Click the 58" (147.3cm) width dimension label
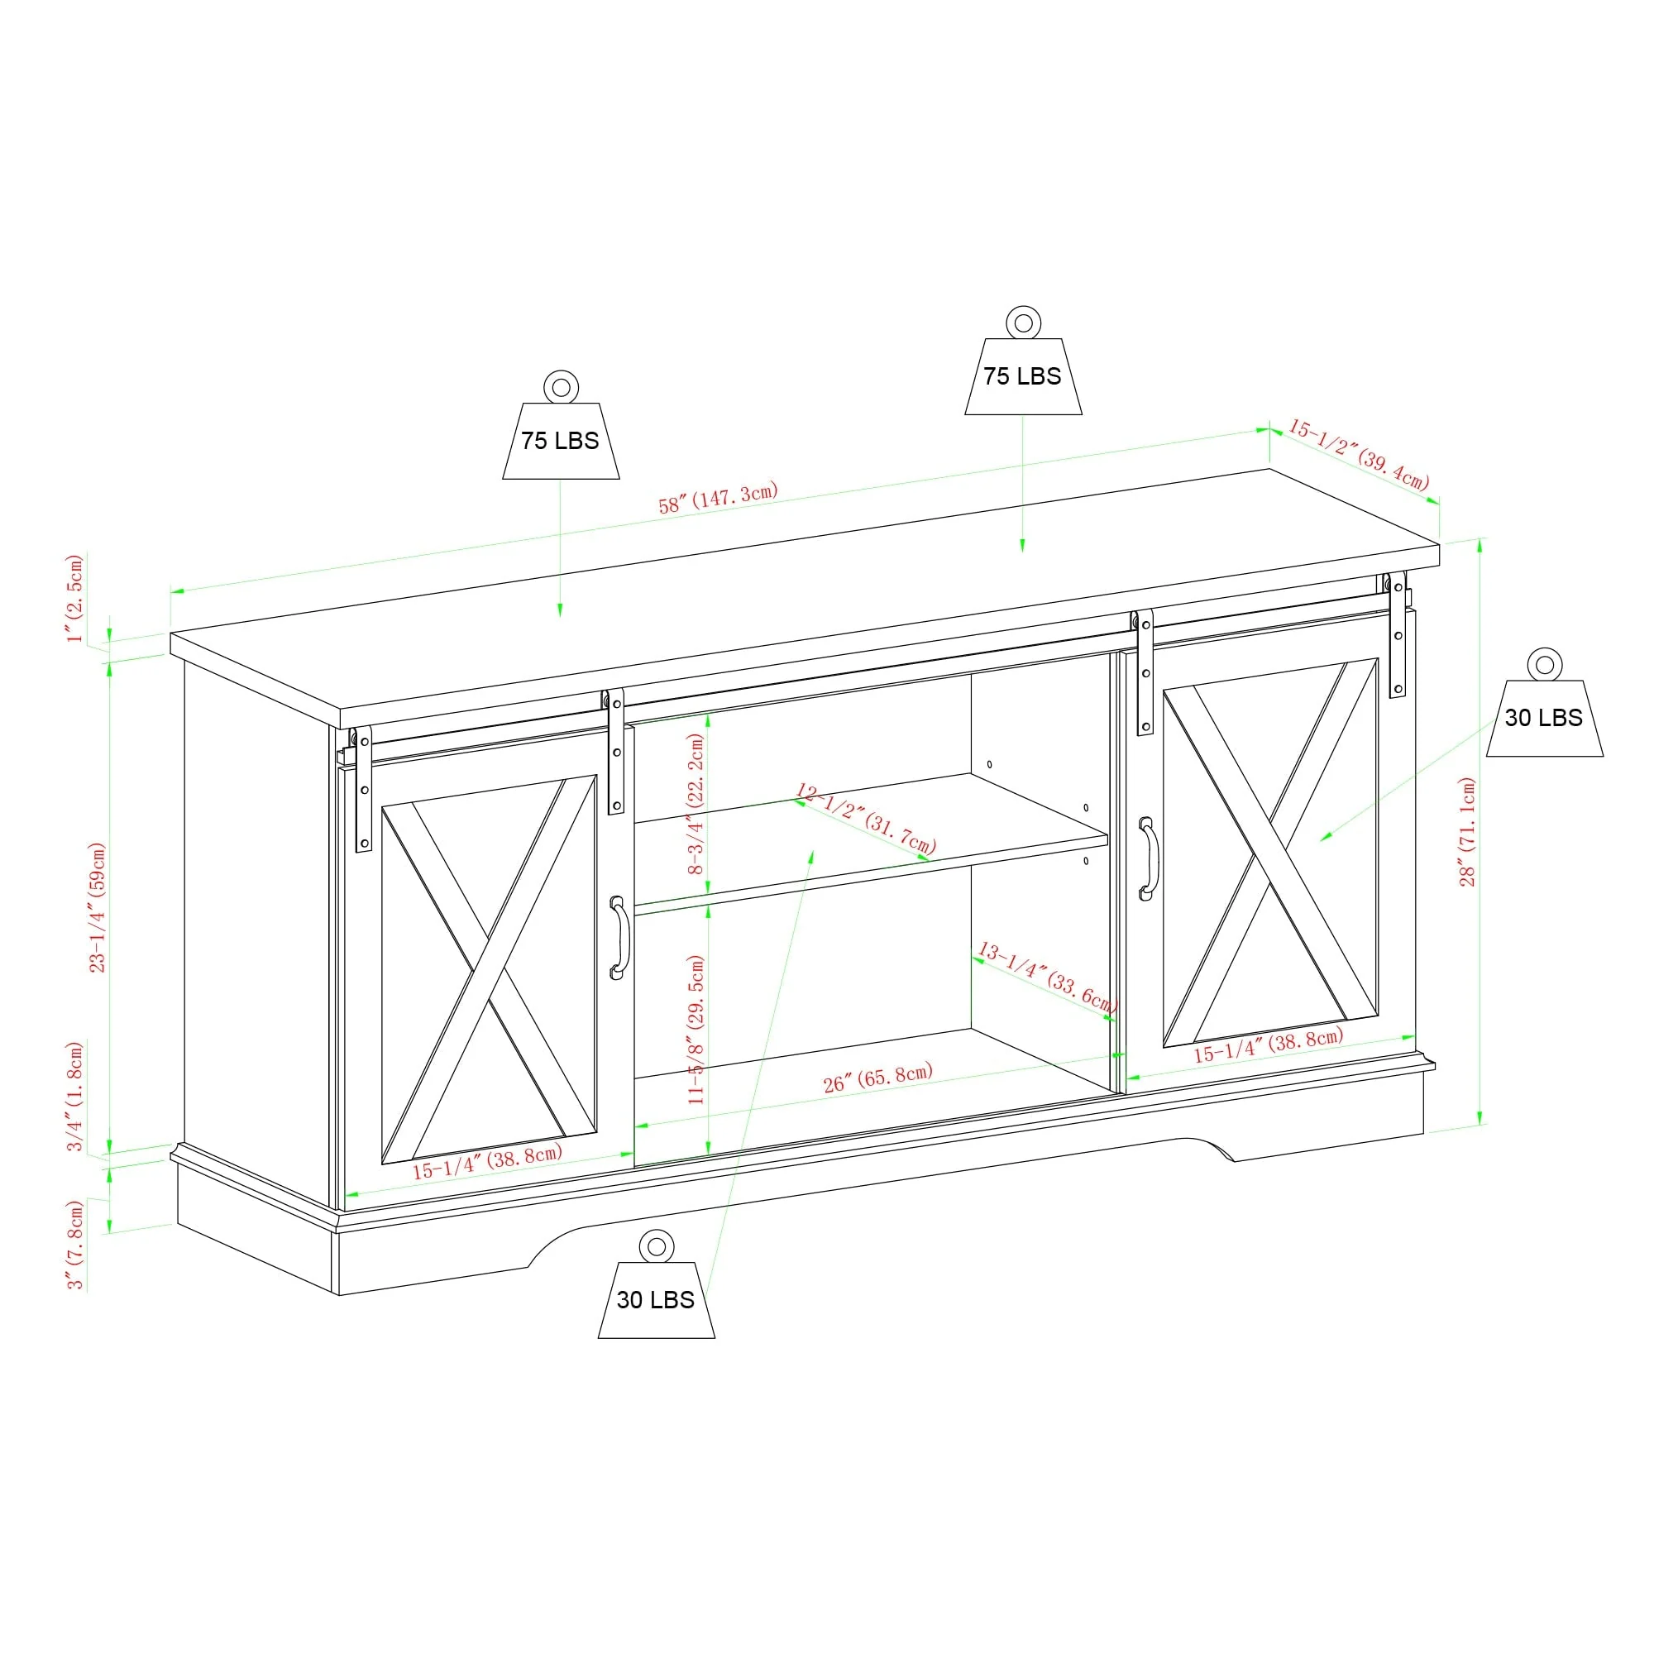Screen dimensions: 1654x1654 (x=717, y=497)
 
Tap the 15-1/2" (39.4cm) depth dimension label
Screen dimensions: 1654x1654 (x=1359, y=454)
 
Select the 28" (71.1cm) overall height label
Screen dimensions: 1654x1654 (x=1467, y=831)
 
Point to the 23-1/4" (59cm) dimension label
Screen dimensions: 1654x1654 (x=98, y=907)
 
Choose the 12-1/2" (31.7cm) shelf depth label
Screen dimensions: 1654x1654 (x=866, y=819)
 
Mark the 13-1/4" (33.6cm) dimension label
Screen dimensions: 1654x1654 (x=1047, y=978)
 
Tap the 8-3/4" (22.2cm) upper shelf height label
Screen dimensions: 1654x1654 (x=696, y=803)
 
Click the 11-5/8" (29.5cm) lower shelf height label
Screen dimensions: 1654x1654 (x=696, y=1029)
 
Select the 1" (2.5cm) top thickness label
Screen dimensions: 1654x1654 (x=75, y=598)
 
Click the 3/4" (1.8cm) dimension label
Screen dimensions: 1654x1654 (x=76, y=1096)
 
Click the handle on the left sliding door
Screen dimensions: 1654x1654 (x=618, y=938)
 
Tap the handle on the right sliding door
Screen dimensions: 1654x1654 (x=1147, y=858)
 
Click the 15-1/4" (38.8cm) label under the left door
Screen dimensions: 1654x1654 (x=486, y=1162)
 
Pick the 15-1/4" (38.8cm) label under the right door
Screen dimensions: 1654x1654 (x=1268, y=1045)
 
